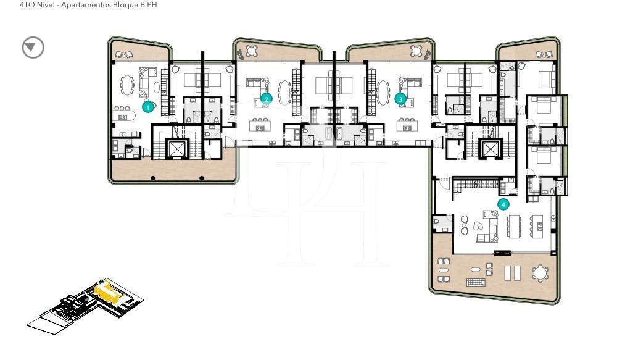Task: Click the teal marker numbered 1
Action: point(147,107)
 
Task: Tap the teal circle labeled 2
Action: point(267,98)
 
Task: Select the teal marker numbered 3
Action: point(400,98)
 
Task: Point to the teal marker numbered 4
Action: point(503,203)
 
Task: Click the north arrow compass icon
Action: point(33,48)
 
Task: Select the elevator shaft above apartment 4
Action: point(491,148)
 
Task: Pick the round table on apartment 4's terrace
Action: point(540,272)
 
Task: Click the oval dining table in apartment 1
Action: point(128,84)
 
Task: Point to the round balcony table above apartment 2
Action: point(251,50)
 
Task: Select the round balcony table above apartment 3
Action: point(418,50)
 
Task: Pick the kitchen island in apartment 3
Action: point(407,128)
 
